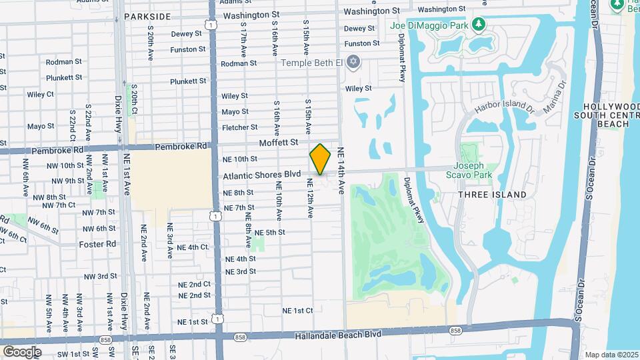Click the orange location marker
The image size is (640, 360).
coord(320,159)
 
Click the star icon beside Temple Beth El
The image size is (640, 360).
coord(355,63)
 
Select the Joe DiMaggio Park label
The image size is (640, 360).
coord(428,26)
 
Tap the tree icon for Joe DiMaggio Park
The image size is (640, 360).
coord(478,25)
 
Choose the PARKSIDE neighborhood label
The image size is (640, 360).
coord(147,16)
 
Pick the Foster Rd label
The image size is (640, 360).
coord(97,244)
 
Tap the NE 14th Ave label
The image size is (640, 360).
coord(341,171)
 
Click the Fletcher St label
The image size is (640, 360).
coord(240,127)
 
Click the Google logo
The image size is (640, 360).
coord(22,351)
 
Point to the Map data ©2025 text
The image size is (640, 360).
coord(611,355)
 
